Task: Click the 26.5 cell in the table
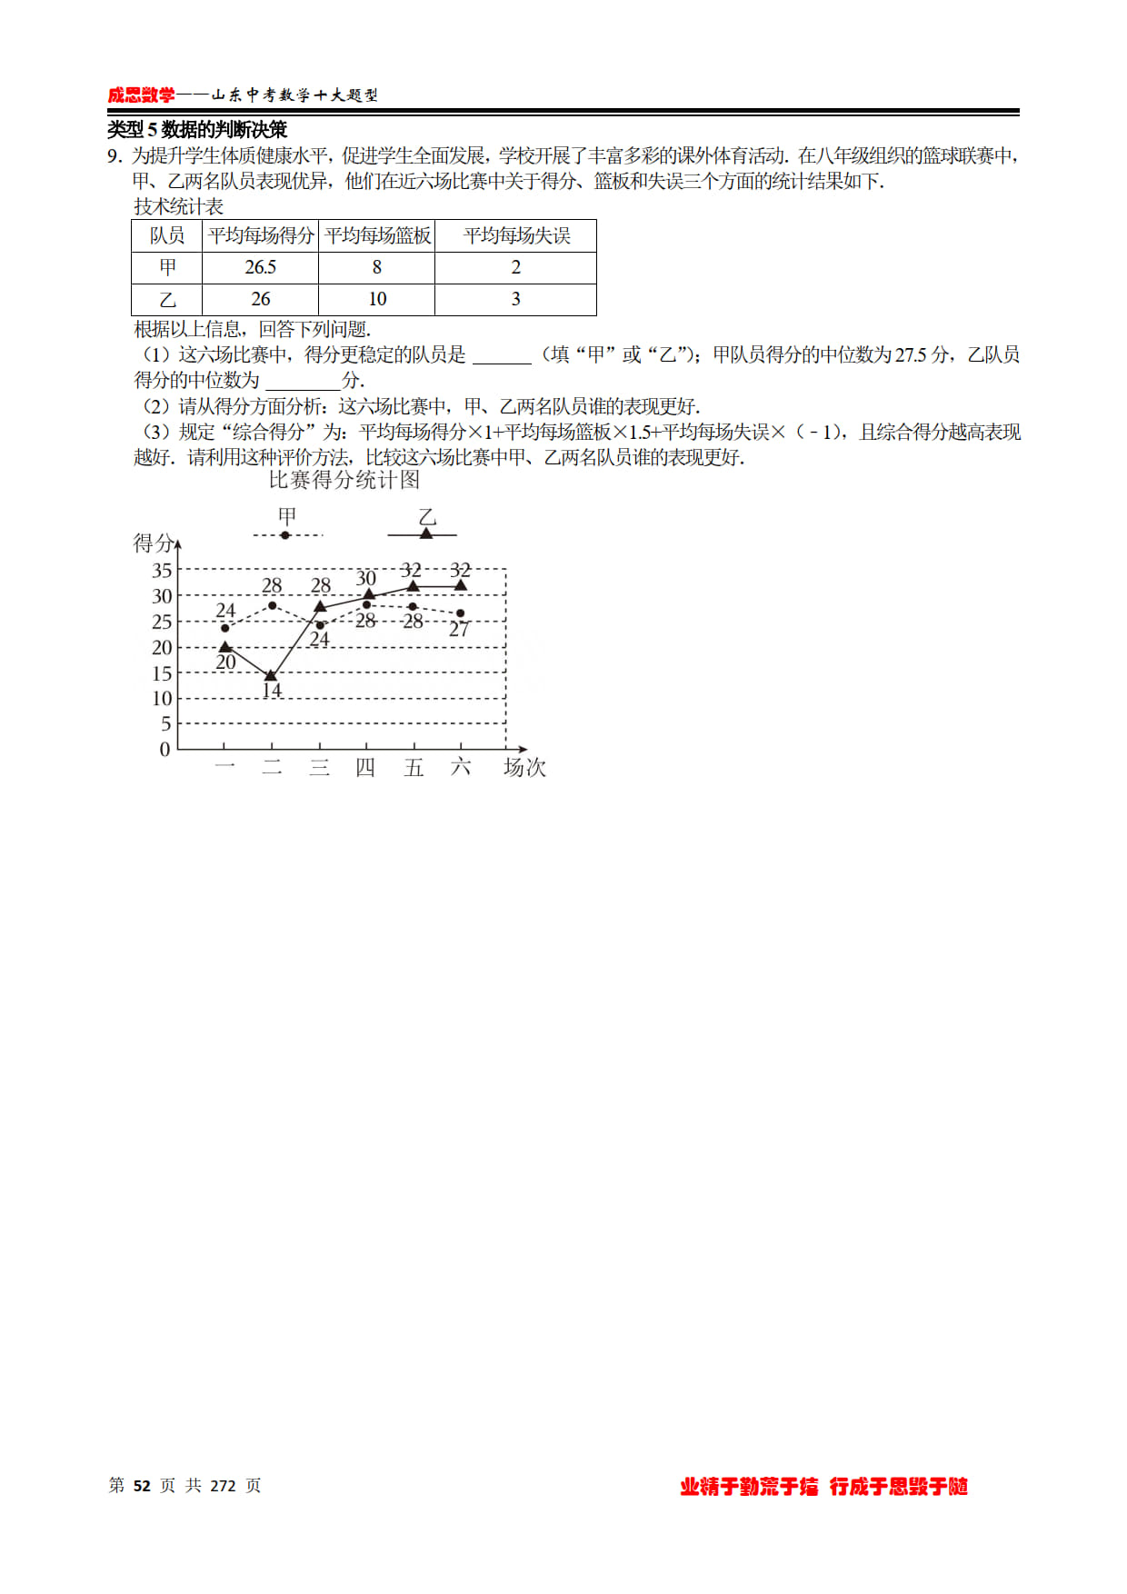pyautogui.click(x=260, y=267)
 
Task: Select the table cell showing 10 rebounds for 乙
pyautogui.click(x=377, y=299)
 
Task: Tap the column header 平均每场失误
pyautogui.click(x=516, y=236)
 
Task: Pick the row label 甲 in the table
pyautogui.click(x=167, y=267)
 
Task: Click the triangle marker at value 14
pyautogui.click(x=271, y=675)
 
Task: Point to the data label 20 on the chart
pyautogui.click(x=225, y=663)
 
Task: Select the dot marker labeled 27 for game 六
pyautogui.click(x=461, y=613)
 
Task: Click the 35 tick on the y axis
pyautogui.click(x=162, y=571)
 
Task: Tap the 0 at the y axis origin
pyautogui.click(x=165, y=750)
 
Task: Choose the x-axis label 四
pyautogui.click(x=365, y=768)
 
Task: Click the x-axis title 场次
pyautogui.click(x=524, y=768)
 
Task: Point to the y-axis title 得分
pyautogui.click(x=153, y=543)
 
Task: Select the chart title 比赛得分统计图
pyautogui.click(x=344, y=480)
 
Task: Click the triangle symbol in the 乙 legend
pyautogui.click(x=425, y=533)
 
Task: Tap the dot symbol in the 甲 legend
pyautogui.click(x=285, y=535)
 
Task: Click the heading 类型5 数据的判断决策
pyautogui.click(x=197, y=130)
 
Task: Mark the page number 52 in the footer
pyautogui.click(x=142, y=1486)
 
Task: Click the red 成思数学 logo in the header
pyautogui.click(x=141, y=95)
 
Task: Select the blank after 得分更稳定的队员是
pyautogui.click(x=502, y=355)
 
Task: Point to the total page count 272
pyautogui.click(x=223, y=1486)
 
